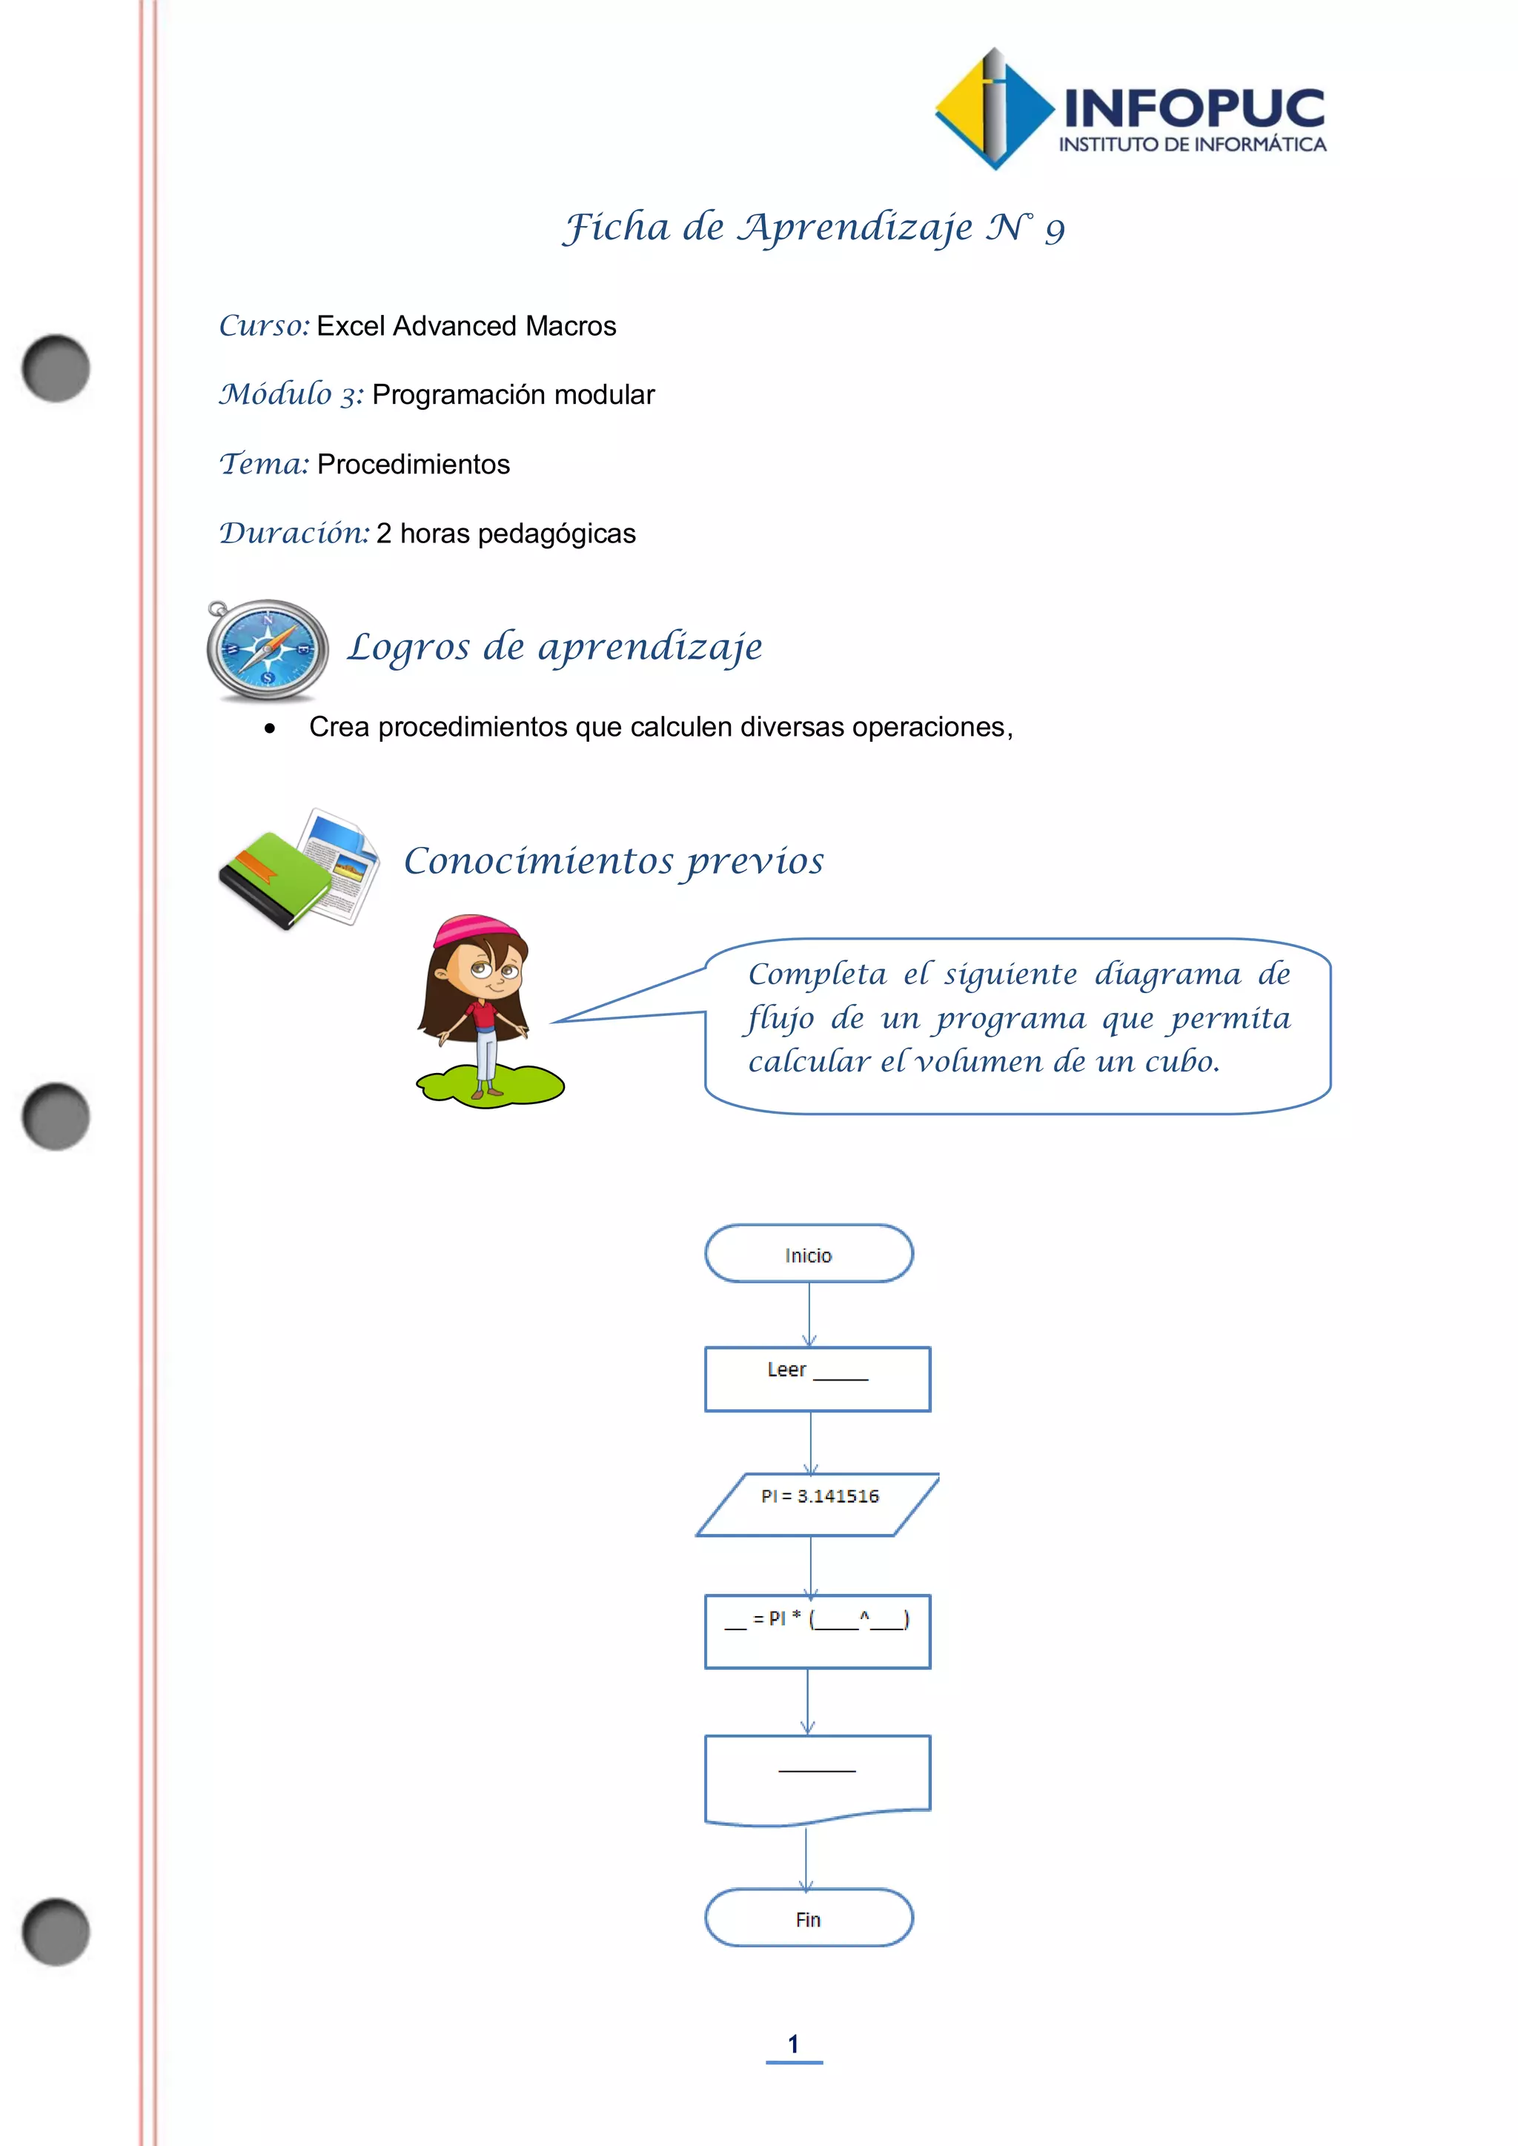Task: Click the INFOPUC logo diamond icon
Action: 995,110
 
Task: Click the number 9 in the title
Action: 1055,230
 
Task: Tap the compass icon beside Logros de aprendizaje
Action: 268,650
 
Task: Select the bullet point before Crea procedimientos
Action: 270,729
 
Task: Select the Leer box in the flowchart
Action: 817,1378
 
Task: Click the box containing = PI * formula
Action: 817,1631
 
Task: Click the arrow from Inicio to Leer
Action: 809,1313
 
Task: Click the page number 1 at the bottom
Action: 794,2044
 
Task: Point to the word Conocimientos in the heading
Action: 538,861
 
